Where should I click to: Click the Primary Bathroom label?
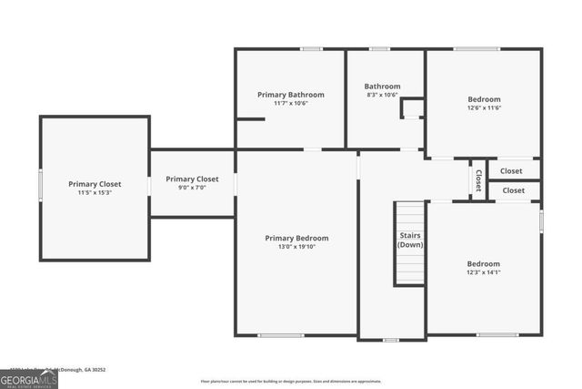pos(290,95)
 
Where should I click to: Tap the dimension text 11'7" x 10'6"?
pos(290,103)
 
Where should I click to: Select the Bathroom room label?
pos(382,87)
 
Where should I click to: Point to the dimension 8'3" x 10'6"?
pos(382,95)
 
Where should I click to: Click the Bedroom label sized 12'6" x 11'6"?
pos(484,99)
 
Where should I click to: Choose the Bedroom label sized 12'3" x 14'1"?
pos(484,264)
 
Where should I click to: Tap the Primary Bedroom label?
pos(296,238)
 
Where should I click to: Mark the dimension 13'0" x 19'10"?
pos(296,247)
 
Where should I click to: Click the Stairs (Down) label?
pos(410,241)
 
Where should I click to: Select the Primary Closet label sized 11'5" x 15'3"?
pos(95,184)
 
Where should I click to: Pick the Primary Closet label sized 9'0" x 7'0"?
pos(192,179)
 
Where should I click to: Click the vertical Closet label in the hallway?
pos(477,179)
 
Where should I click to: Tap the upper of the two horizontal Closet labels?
pos(511,170)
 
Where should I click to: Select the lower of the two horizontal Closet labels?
pos(514,190)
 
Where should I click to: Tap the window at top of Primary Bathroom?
pos(312,48)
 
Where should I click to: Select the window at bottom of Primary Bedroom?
pos(280,335)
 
